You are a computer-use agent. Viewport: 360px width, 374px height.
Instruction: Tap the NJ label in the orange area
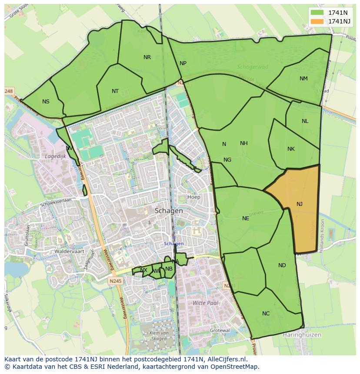pos(300,204)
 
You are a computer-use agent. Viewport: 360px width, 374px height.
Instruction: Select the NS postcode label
pos(46,102)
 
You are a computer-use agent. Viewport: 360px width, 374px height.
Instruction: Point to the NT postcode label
pos(115,91)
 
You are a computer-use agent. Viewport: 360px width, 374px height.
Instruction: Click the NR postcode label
pos(147,57)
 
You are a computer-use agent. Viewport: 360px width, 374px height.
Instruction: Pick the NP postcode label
pos(183,63)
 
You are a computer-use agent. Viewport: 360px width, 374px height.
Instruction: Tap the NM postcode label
pos(303,79)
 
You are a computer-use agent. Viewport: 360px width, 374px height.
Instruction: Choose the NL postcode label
pos(305,121)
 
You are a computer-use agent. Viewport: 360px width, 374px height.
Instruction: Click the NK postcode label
pos(291,149)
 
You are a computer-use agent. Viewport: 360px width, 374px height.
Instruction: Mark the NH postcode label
pos(243,143)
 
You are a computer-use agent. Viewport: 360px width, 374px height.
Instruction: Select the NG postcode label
pos(227,160)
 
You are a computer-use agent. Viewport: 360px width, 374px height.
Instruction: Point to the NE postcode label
pos(246,218)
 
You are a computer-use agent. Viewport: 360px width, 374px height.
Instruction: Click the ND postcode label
pos(282,265)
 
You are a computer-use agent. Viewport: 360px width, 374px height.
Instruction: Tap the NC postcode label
pos(266,314)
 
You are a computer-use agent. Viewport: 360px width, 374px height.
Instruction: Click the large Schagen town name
pos(169,210)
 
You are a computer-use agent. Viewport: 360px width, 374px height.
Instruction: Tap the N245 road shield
pos(116,281)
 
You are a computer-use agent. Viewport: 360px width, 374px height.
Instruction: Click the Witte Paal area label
pos(205,303)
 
